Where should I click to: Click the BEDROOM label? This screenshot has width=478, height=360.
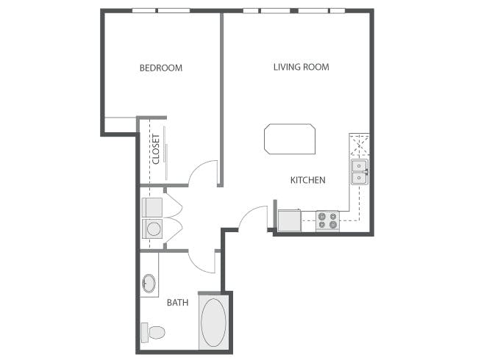[161, 68]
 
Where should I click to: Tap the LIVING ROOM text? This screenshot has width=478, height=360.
[301, 68]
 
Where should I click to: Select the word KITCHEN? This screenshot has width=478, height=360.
[307, 180]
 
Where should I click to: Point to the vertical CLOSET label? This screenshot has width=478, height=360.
[156, 148]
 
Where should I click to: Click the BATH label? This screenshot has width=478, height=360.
[177, 302]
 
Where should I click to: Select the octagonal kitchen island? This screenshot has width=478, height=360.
[290, 139]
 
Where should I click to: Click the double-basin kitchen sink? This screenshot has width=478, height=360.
[359, 172]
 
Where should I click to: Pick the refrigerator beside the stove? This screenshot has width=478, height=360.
[289, 220]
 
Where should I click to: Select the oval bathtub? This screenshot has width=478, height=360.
[214, 323]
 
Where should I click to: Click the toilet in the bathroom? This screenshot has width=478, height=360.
[154, 331]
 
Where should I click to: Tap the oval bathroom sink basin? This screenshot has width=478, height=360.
[149, 284]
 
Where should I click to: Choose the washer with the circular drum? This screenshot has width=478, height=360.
[152, 229]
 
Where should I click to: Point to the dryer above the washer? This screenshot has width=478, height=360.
[152, 206]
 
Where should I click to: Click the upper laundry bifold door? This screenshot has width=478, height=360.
[174, 204]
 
